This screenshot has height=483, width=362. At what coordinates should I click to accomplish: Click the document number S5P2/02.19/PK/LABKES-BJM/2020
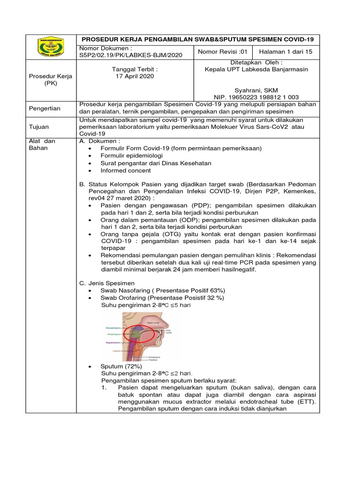tap(130, 55)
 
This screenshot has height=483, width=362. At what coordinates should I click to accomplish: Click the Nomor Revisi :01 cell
tap(222, 52)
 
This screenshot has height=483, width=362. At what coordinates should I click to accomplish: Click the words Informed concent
tap(125, 171)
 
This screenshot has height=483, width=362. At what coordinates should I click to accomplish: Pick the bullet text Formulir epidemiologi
tap(132, 156)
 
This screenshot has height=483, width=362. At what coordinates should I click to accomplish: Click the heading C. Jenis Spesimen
tap(107, 283)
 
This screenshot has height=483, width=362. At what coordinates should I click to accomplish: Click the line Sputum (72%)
tap(121, 366)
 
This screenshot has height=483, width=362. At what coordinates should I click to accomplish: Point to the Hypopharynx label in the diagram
tap(112, 342)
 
